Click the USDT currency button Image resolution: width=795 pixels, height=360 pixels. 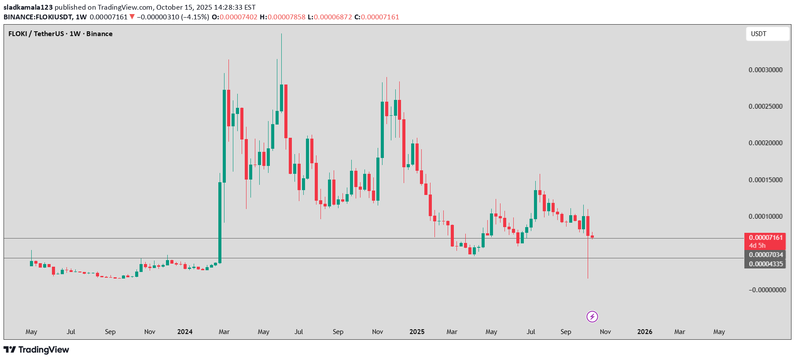[x=767, y=34]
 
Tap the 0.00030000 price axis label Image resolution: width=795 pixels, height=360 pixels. [x=766, y=70]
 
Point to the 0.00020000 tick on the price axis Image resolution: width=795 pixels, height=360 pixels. [x=766, y=143]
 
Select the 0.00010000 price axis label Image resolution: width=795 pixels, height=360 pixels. [x=766, y=217]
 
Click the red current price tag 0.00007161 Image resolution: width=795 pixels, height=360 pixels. [x=766, y=238]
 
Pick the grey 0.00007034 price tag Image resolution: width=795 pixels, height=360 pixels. [x=766, y=255]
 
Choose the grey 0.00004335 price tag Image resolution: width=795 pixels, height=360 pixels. [x=766, y=264]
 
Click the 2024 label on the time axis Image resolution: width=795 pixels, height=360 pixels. [x=185, y=332]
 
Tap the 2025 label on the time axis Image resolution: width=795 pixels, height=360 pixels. [x=417, y=332]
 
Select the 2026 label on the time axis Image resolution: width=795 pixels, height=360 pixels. [x=645, y=332]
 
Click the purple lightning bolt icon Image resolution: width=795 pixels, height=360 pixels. [x=592, y=316]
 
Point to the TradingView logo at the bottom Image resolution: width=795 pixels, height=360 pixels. [x=37, y=350]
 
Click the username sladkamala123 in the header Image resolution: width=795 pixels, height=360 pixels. [x=28, y=7]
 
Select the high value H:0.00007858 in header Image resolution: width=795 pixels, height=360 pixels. [x=282, y=17]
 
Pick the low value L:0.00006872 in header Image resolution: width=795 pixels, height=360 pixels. [x=330, y=17]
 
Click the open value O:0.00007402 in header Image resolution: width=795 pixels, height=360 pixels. [x=235, y=17]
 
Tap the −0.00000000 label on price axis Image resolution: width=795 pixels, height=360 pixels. [x=767, y=290]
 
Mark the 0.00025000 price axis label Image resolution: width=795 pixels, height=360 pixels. [x=766, y=107]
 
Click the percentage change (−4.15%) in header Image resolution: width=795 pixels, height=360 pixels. [x=195, y=17]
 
